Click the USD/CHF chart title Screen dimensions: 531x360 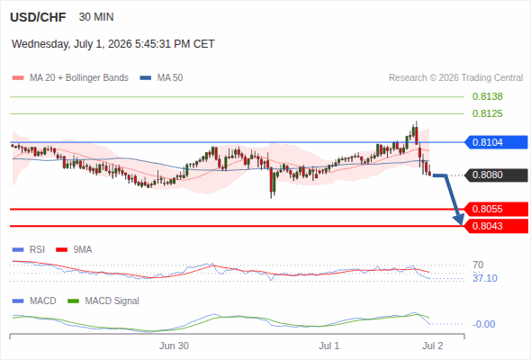(38, 17)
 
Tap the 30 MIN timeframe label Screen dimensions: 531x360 (96, 17)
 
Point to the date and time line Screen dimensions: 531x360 (113, 44)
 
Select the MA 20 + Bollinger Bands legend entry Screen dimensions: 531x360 (70, 78)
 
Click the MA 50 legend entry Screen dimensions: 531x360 (161, 78)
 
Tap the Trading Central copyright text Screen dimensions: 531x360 (455, 78)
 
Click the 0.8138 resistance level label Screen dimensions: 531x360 (487, 96)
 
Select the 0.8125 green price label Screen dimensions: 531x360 (487, 113)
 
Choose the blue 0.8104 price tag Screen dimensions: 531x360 (496, 142)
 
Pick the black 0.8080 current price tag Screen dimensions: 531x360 (496, 175)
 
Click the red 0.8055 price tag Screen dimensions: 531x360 (496, 209)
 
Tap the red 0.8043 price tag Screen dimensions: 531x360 (496, 226)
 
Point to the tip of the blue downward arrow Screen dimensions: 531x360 (461, 225)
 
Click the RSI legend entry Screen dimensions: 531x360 (29, 249)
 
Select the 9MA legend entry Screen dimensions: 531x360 (74, 249)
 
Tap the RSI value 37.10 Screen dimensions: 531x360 (485, 278)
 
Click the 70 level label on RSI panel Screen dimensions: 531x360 (478, 265)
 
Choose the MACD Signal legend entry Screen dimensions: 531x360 (103, 301)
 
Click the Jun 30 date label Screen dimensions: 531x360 (174, 346)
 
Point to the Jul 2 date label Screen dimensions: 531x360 (433, 346)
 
